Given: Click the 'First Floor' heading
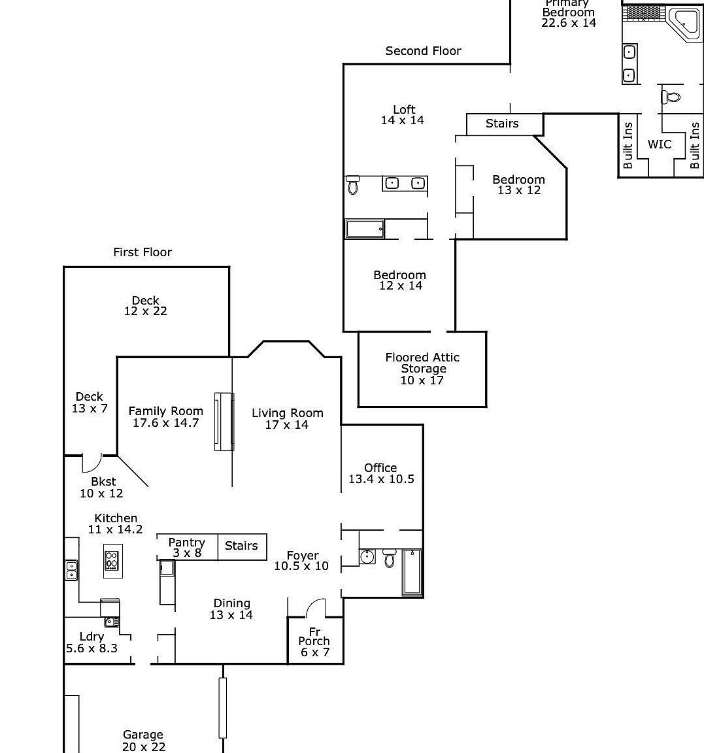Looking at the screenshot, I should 142,252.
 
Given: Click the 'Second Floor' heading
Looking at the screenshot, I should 423,51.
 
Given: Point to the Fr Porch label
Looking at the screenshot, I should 314,642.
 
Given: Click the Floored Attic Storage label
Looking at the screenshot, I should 422,369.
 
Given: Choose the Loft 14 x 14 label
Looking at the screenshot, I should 403,115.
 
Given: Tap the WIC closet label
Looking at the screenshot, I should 659,144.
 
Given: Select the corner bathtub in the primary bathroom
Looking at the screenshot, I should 683,25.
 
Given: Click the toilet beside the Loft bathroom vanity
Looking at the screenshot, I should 353,185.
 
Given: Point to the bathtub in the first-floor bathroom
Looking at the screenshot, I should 411,573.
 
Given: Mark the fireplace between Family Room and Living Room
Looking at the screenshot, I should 224,422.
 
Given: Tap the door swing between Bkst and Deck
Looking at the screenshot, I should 91,463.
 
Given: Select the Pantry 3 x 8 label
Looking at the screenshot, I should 187,548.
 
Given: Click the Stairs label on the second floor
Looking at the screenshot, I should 502,124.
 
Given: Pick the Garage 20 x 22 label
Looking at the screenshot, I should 143,741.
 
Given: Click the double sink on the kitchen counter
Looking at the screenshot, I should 71,571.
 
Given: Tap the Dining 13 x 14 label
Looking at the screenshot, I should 231,609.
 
